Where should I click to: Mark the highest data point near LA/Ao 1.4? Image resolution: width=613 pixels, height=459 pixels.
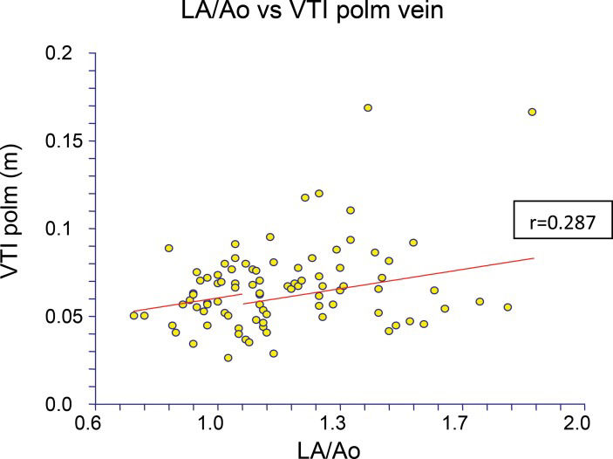[368, 108]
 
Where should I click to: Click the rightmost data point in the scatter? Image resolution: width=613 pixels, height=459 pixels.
[532, 112]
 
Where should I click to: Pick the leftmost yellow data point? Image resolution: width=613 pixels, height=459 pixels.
[134, 315]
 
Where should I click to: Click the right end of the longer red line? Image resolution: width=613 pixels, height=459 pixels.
[533, 258]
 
